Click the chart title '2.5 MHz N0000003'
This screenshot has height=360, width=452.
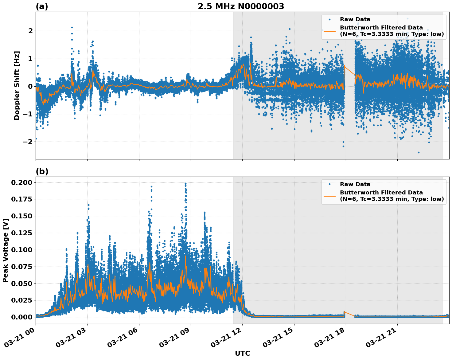point(241,6)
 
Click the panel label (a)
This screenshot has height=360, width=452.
point(42,6)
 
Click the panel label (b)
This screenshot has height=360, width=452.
point(42,171)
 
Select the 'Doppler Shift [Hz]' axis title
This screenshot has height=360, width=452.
point(17,85)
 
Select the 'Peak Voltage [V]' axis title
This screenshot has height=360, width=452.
point(5,250)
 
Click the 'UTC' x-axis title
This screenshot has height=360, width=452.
point(242,353)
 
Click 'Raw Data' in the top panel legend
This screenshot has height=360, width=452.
point(355,20)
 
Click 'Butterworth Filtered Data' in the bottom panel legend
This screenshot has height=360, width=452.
point(381,193)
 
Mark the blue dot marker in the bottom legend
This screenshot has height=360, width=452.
point(329,184)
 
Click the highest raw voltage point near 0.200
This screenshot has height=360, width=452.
point(185,184)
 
